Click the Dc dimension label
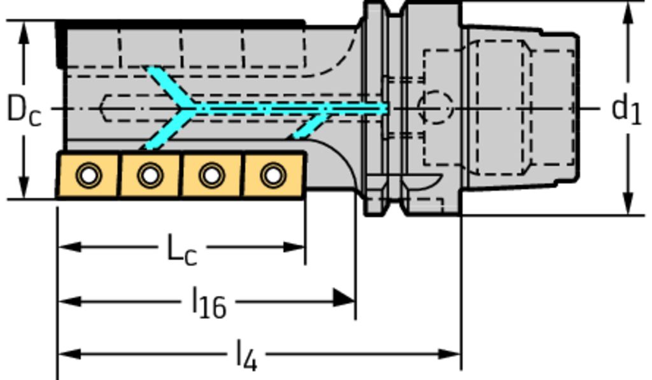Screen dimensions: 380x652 coord(24,109)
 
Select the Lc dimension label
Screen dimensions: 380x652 coord(181,249)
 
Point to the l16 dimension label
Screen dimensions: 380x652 coord(209,302)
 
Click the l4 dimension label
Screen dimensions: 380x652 coord(246,355)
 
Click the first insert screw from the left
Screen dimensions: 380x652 coord(89,174)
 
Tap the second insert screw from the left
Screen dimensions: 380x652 coord(150,174)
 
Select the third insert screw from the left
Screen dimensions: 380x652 coord(211,174)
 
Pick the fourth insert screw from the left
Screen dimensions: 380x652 coord(273,174)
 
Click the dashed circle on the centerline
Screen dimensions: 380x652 coord(436,107)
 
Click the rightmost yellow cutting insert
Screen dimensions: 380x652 coord(274,175)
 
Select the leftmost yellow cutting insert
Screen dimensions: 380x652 coord(88,175)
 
